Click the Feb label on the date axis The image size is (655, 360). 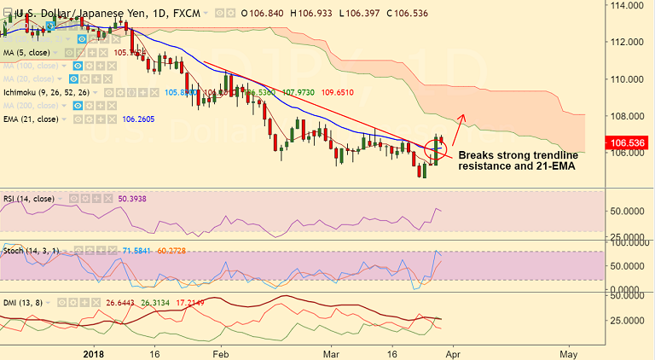[221, 352]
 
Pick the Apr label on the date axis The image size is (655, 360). [452, 352]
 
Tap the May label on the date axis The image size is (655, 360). [570, 352]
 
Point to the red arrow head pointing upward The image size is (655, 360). [461, 116]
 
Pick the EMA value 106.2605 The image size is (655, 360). [143, 119]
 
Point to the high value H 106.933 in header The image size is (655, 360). [315, 14]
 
